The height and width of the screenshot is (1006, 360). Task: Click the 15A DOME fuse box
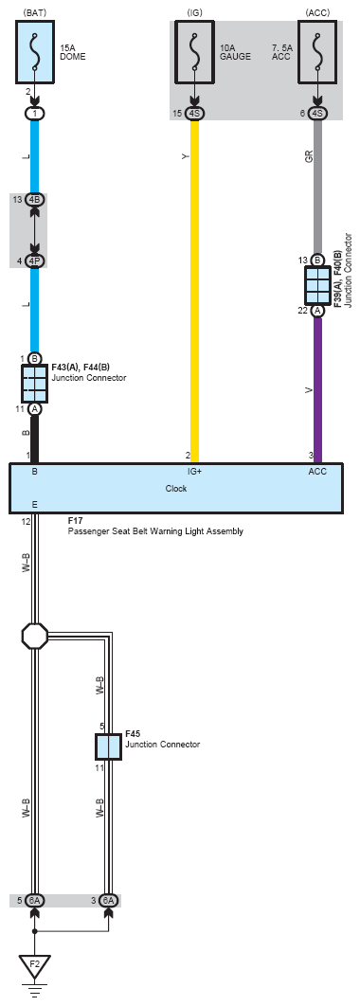[35, 51]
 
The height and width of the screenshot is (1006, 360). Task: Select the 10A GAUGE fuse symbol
[194, 51]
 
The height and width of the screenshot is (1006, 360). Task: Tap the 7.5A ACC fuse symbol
[317, 51]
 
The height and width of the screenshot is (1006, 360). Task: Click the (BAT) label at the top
[35, 12]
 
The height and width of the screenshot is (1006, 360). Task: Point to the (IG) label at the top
[194, 12]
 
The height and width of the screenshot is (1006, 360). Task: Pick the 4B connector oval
[35, 200]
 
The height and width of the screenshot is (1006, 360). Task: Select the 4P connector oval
[35, 261]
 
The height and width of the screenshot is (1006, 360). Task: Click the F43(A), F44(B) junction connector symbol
[35, 384]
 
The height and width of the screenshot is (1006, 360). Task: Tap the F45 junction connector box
[108, 746]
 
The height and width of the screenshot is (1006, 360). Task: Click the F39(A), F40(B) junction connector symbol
[317, 285]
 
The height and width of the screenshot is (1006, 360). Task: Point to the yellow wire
[194, 291]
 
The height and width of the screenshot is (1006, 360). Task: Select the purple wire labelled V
[317, 389]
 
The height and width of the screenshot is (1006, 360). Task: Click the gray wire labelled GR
[317, 187]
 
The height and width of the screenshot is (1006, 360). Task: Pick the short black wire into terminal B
[35, 439]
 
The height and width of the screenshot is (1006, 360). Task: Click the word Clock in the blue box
[176, 488]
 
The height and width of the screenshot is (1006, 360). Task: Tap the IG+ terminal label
[194, 472]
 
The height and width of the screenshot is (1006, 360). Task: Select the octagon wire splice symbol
[35, 636]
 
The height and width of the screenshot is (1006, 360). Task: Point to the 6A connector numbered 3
[108, 901]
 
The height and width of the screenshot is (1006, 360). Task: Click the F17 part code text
[75, 522]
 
